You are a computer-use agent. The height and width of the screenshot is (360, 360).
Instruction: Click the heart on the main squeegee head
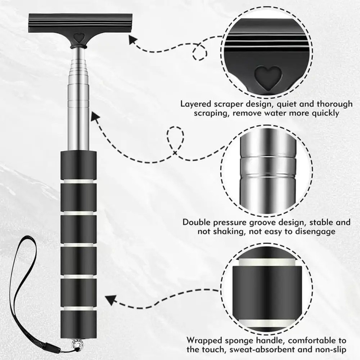(x=78, y=37)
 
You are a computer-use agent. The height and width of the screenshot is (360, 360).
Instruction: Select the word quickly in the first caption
(x=324, y=113)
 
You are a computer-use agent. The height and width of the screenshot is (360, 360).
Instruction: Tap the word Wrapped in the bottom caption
(x=203, y=340)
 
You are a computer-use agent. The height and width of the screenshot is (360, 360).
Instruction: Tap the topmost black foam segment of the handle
(x=78, y=164)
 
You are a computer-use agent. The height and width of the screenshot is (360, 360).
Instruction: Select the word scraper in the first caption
(x=234, y=104)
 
